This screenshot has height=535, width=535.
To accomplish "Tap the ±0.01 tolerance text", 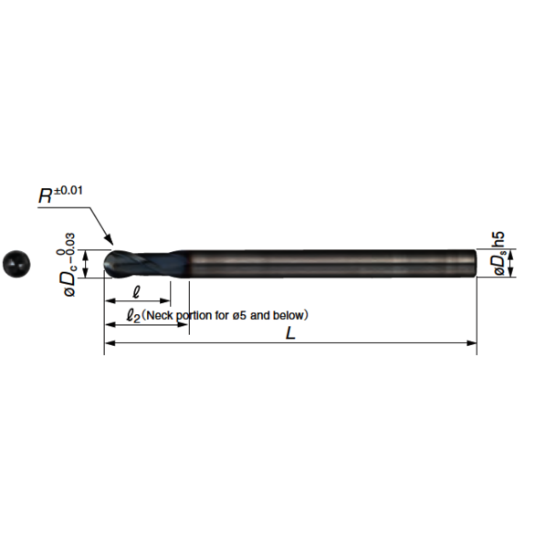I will [75, 191].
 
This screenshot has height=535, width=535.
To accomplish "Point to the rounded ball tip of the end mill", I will [110, 263].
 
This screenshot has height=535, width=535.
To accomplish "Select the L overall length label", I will [290, 334].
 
